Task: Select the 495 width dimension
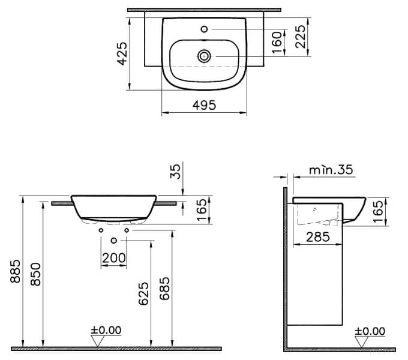(205, 104)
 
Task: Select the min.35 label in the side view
(330, 170)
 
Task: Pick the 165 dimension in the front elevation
(202, 210)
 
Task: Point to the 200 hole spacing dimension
(114, 257)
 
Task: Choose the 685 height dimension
(166, 293)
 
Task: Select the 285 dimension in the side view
(317, 237)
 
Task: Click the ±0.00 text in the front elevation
(106, 330)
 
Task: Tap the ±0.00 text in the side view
(370, 330)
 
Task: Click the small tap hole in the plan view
(205, 28)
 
